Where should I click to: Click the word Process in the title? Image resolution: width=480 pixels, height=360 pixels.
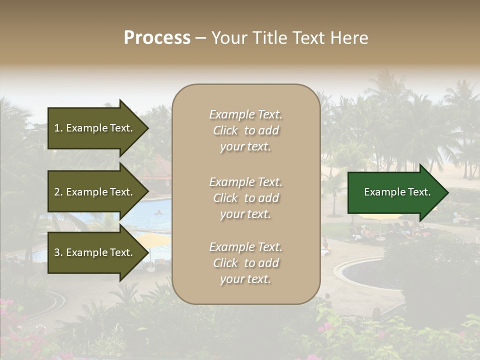click(157, 38)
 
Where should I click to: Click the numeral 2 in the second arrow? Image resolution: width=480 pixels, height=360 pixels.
click(57, 192)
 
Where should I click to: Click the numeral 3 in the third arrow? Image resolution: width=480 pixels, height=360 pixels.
click(57, 252)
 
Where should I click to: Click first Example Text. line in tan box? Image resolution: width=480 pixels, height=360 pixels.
click(245, 114)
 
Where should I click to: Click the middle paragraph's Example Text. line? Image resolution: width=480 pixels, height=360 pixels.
click(245, 181)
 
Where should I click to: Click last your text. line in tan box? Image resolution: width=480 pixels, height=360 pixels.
click(245, 279)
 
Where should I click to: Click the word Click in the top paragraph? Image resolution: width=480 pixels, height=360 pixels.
click(225, 130)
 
